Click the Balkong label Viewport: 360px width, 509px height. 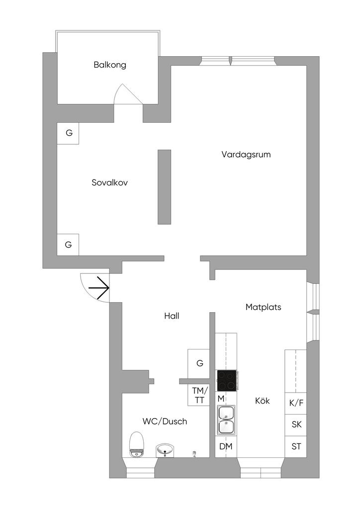pyautogui.click(x=110, y=65)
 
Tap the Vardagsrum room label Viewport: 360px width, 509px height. pyautogui.click(x=246, y=155)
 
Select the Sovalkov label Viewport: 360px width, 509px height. pyautogui.click(x=110, y=182)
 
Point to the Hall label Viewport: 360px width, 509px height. pyautogui.click(x=172, y=316)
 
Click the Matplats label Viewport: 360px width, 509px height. pyautogui.click(x=263, y=307)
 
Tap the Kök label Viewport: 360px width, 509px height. pyautogui.click(x=262, y=401)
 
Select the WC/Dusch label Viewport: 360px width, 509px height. pyautogui.click(x=165, y=422)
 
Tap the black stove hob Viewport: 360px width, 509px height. pyautogui.click(x=227, y=381)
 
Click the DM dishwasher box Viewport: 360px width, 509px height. pyautogui.click(x=226, y=446)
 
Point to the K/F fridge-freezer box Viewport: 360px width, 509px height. pyautogui.click(x=296, y=403)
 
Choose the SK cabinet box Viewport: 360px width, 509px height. pyautogui.click(x=296, y=425)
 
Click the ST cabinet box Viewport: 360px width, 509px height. pyautogui.click(x=296, y=446)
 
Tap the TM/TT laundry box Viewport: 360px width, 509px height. pyautogui.click(x=199, y=396)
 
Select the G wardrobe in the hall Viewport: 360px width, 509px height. pyautogui.click(x=199, y=363)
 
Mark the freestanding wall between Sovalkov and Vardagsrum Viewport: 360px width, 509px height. pyautogui.click(x=164, y=186)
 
